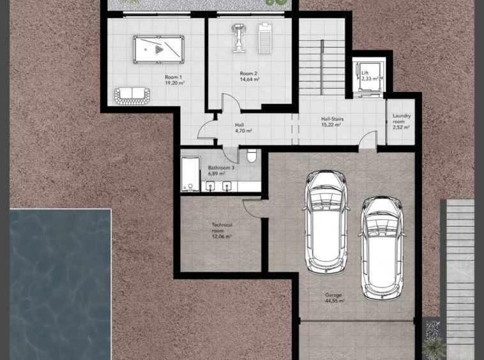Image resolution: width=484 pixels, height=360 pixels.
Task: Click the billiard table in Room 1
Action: [x=158, y=49]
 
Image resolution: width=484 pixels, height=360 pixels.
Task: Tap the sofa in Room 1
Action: [x=132, y=96]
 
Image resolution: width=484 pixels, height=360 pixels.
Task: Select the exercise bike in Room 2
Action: [x=239, y=38]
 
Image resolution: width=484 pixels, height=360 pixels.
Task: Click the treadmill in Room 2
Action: [x=265, y=38]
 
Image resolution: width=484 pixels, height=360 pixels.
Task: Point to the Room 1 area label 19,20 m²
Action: [x=175, y=83]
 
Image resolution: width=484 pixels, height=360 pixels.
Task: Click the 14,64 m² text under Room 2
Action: [x=250, y=79]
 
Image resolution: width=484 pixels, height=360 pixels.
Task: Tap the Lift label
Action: [x=365, y=73]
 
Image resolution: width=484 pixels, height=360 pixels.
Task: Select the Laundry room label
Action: [x=401, y=119]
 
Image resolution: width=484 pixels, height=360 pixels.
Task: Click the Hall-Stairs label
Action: [x=332, y=119]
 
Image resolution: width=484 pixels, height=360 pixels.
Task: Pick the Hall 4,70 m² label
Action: [x=243, y=128]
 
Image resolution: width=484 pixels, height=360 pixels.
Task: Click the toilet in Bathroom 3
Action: [x=252, y=156]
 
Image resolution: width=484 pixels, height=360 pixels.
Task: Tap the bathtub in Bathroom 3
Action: [x=190, y=174]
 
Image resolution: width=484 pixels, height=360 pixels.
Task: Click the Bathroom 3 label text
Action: [x=221, y=168]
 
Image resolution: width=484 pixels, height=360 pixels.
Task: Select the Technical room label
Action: [x=222, y=228]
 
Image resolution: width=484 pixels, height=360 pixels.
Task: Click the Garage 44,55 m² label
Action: [x=335, y=297]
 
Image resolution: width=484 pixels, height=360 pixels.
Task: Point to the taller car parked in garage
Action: [x=326, y=221]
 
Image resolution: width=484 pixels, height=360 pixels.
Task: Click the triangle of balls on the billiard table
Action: [x=158, y=49]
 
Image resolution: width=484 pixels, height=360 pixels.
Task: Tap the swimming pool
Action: [x=60, y=284]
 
